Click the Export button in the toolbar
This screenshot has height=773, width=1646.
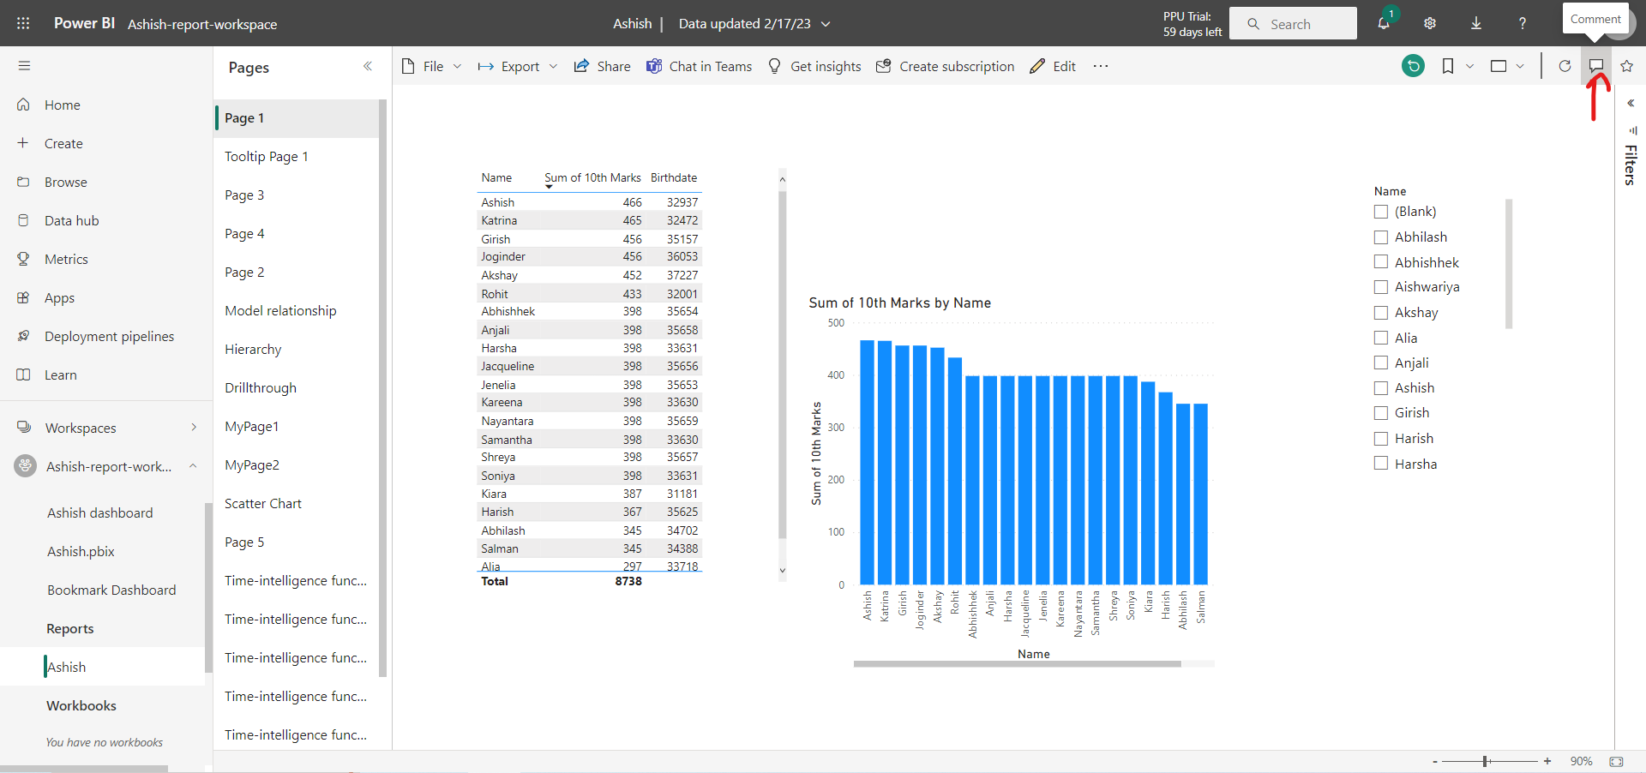coord(518,67)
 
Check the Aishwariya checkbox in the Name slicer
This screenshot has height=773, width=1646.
coord(1381,287)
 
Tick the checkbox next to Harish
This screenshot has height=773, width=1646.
coord(1381,439)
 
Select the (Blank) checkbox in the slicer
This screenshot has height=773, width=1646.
coord(1381,212)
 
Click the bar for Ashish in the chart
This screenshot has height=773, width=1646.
coord(867,463)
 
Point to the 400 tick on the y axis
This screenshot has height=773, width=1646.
coord(836,375)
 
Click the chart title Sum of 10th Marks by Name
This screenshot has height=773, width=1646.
coord(899,303)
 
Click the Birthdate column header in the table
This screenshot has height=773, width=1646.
coord(673,178)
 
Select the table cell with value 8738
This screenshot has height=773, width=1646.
coord(628,581)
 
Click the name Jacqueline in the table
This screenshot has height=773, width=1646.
coord(508,367)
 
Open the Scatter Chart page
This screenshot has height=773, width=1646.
coord(263,504)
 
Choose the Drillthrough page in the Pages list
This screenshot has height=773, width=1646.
coord(261,388)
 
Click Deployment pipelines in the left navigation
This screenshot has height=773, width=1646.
coord(109,337)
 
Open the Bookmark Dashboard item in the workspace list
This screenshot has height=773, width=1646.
coord(111,590)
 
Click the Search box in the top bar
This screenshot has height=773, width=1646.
coord(1293,24)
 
